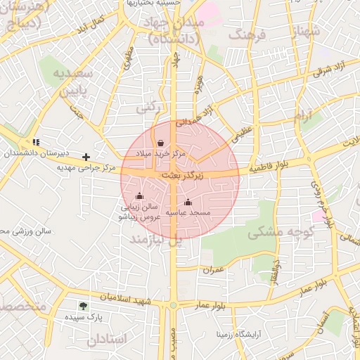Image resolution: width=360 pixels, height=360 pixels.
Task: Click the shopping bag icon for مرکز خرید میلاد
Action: [162, 142]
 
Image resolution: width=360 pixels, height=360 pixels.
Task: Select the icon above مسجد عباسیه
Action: [187, 202]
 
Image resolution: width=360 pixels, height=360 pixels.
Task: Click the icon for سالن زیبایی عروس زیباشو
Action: [139, 196]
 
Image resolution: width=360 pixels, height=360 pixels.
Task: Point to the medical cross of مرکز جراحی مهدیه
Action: [86, 157]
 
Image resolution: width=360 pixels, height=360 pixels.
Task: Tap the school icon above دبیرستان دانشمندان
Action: [36, 143]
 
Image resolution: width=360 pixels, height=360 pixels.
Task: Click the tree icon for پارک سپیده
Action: [84, 307]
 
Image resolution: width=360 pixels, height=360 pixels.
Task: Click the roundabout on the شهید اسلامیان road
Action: [173, 305]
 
